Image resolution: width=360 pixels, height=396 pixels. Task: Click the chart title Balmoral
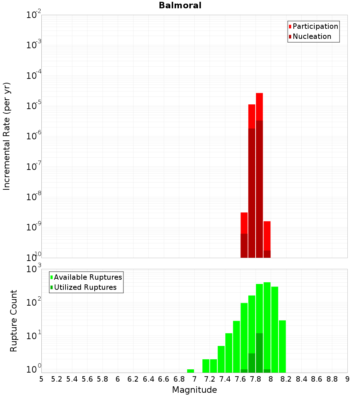pyautogui.click(x=180, y=5)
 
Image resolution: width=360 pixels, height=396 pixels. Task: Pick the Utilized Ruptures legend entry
pyautogui.click(x=85, y=287)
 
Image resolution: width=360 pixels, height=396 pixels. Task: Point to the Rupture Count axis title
pyautogui.click(x=14, y=321)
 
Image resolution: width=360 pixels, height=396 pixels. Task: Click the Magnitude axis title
pyautogui.click(x=194, y=390)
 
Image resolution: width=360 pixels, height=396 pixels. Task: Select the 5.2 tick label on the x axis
pyautogui.click(x=57, y=379)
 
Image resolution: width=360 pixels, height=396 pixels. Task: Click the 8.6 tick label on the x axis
pyautogui.click(x=317, y=379)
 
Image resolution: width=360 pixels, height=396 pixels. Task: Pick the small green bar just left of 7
pyautogui.click(x=190, y=371)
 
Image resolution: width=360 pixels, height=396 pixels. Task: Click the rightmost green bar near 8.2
pyautogui.click(x=282, y=346)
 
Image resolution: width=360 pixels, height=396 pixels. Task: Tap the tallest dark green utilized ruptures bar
pyautogui.click(x=259, y=353)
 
